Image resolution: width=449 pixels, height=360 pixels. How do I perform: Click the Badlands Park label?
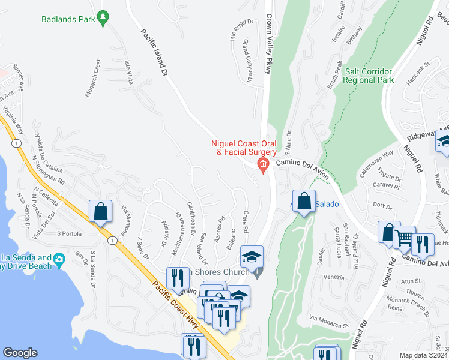(68, 19)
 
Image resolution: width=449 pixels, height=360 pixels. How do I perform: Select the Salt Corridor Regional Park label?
(369, 75)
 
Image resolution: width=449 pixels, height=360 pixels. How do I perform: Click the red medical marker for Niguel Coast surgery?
(262, 164)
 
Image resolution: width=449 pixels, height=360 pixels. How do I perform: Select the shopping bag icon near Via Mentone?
(100, 211)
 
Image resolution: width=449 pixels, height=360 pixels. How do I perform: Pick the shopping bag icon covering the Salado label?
(304, 202)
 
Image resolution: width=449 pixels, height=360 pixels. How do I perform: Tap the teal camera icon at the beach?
(58, 259)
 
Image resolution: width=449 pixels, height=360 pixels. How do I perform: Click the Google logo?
(20, 353)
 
